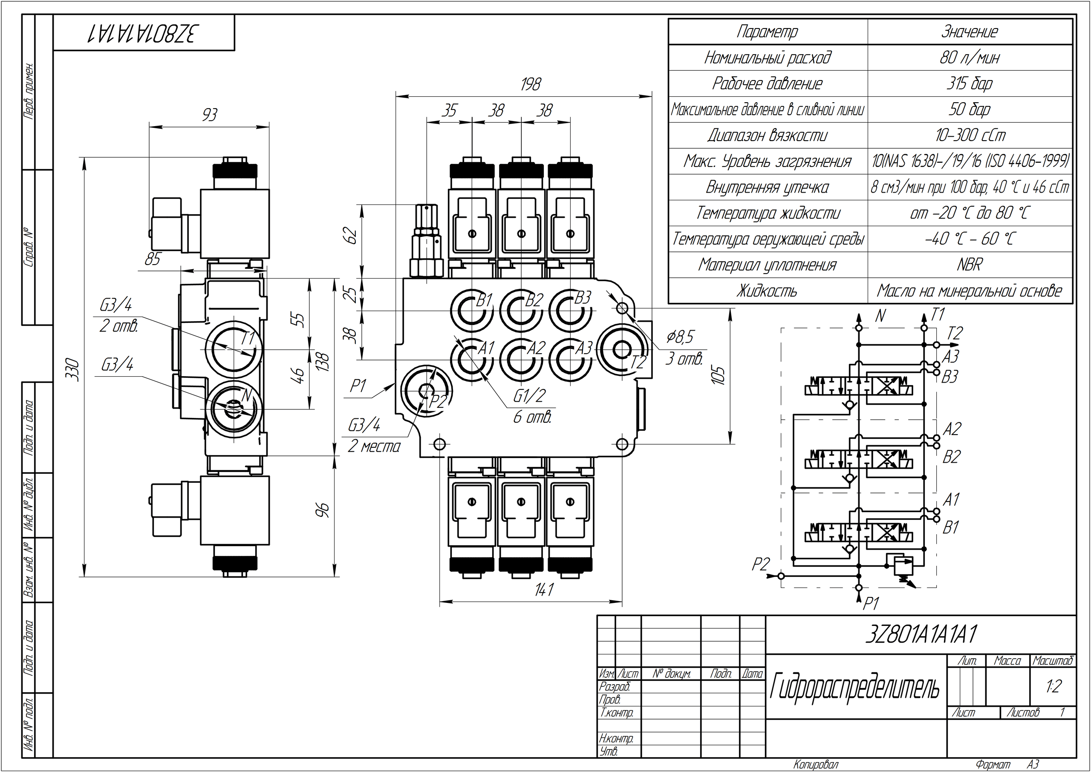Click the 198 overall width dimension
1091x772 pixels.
coord(531,85)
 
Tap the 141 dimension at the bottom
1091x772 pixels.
coord(544,590)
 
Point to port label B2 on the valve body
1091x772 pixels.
coord(534,300)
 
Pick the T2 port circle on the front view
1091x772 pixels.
coord(621,350)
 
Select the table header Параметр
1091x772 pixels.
coord(767,32)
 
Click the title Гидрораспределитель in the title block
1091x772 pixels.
coord(855,687)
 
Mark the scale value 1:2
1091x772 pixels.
coord(1053,686)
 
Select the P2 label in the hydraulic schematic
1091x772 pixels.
coord(761,564)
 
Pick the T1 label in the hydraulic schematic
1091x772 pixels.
coord(938,315)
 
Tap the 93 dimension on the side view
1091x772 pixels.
coord(209,115)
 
